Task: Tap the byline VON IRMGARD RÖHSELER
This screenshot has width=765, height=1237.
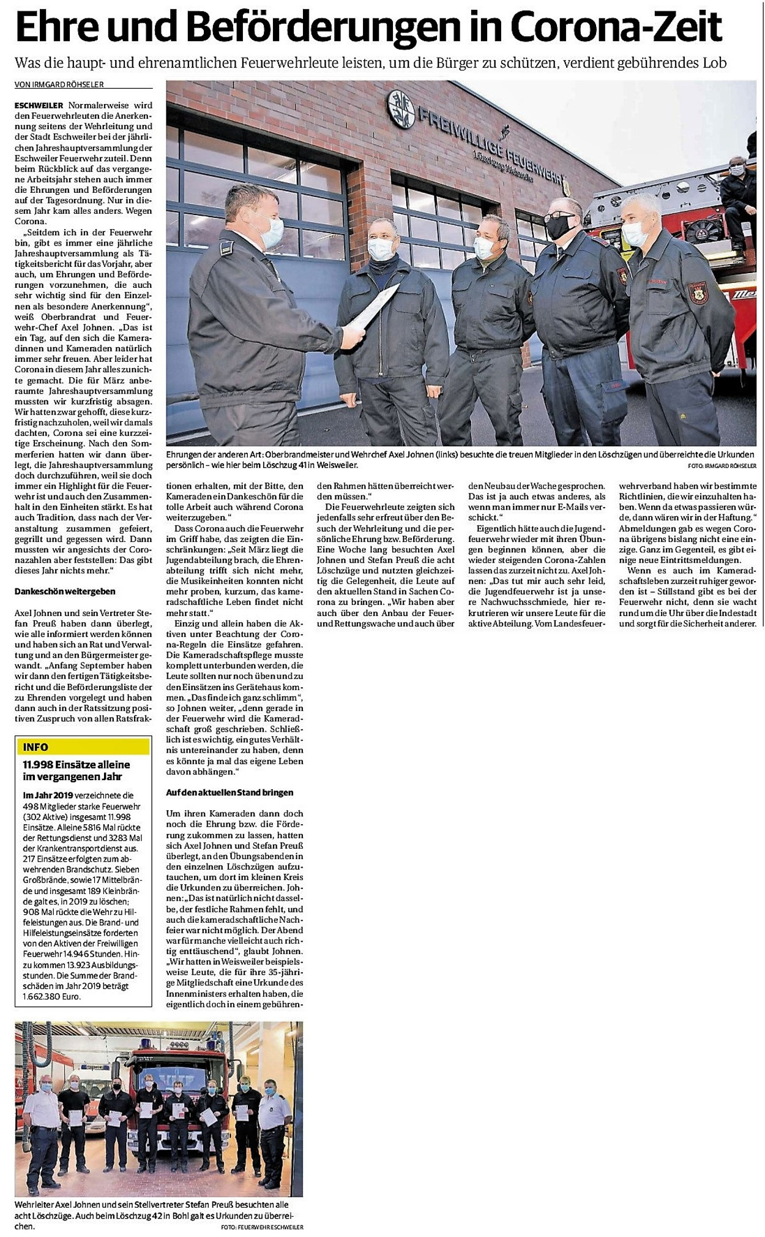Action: pos(60,85)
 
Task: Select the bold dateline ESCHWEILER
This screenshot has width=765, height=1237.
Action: pos(38,105)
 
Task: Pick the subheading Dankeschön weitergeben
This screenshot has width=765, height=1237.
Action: pos(65,592)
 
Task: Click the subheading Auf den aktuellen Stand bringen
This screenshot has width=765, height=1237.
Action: pos(229,792)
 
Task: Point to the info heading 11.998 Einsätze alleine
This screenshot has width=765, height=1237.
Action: pos(76,764)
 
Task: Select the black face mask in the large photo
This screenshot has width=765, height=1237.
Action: pos(559,226)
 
